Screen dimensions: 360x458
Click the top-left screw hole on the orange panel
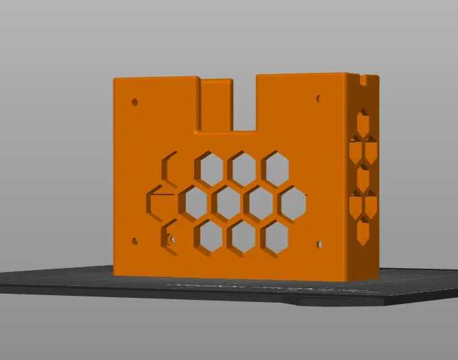pyautogui.click(x=135, y=103)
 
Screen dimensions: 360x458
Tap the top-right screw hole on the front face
pyautogui.click(x=319, y=99)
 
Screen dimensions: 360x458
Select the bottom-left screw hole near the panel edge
pyautogui.click(x=135, y=240)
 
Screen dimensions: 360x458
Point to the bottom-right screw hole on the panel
pyautogui.click(x=319, y=242)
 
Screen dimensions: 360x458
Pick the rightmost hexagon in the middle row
pyautogui.click(x=293, y=202)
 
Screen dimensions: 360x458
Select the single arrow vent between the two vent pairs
pyautogui.click(x=363, y=178)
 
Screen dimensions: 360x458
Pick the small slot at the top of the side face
pyautogui.click(x=363, y=80)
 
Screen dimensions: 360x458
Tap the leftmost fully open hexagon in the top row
pyautogui.click(x=209, y=168)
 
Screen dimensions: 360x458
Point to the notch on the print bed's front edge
pyautogui.click(x=297, y=302)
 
